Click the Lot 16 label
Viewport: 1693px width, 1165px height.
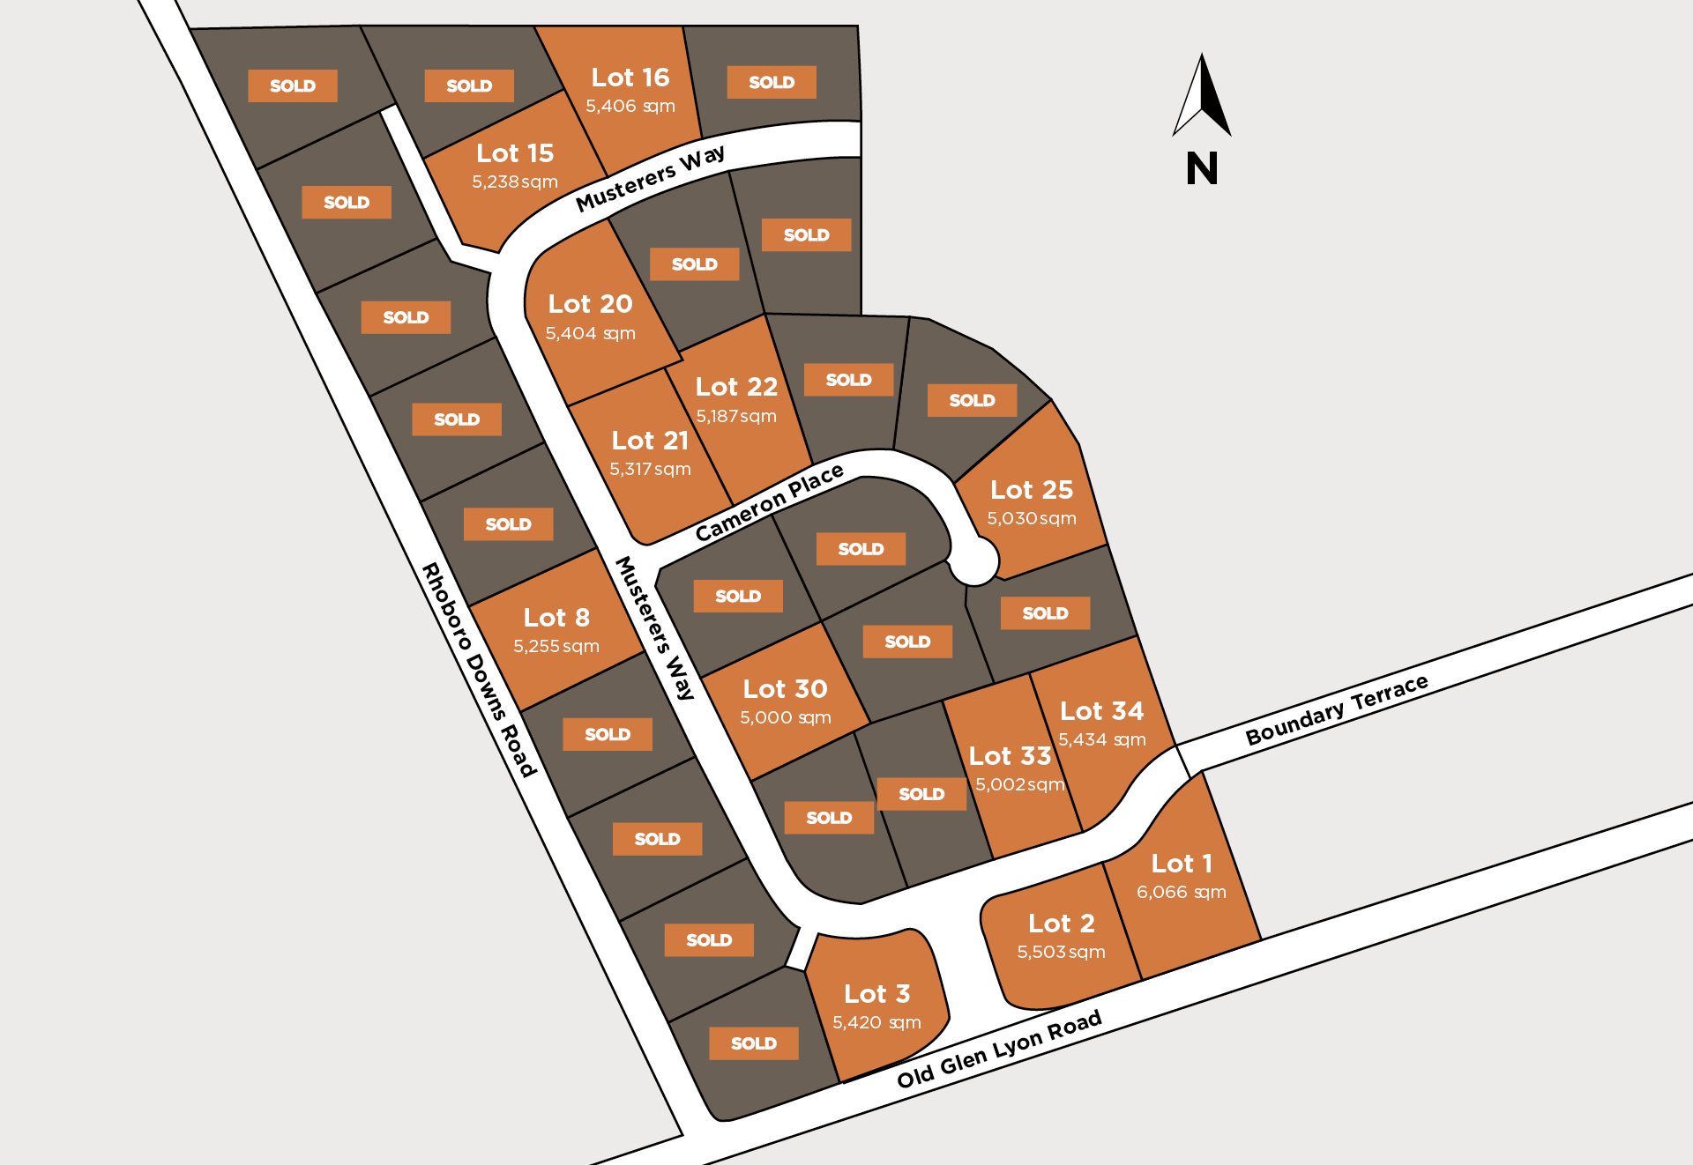coord(630,78)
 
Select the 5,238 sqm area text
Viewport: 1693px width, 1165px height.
coord(515,182)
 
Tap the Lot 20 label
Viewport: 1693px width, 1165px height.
coord(590,304)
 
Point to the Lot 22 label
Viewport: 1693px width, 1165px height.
coord(736,387)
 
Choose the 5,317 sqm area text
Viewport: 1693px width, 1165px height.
coord(650,469)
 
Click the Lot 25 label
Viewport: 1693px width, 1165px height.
coord(1031,490)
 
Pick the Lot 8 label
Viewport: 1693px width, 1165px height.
coord(556,618)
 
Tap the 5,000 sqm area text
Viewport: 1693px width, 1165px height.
coord(785,717)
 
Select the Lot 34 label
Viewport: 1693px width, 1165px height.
coord(1101,711)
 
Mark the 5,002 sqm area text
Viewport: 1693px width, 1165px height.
coord(1019,784)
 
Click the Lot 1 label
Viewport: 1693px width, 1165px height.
coord(1182,864)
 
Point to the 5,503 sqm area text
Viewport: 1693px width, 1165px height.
coord(1061,952)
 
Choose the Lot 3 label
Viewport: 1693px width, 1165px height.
coord(876,994)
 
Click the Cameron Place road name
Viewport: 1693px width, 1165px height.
coord(769,503)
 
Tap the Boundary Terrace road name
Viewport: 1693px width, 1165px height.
coord(1336,709)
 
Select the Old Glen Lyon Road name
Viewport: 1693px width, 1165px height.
coord(999,1049)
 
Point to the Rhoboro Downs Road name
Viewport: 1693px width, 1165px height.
coord(479,670)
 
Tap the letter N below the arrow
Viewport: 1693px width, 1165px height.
coord(1202,168)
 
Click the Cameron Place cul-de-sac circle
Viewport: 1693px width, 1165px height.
coord(975,560)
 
